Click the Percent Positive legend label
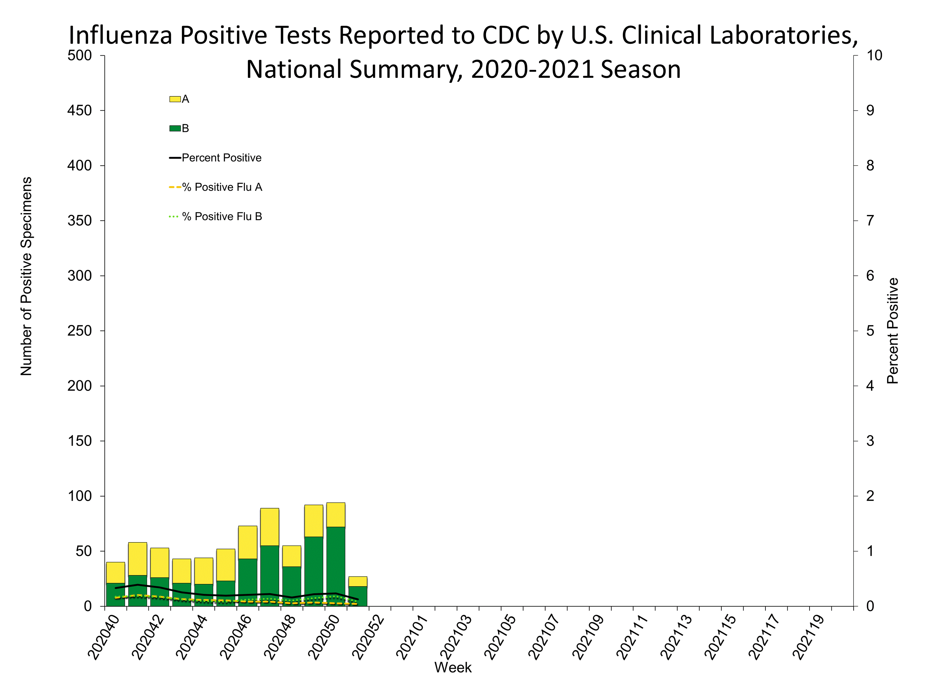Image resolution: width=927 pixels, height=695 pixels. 221,158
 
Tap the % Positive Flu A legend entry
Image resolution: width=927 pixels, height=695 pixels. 222,187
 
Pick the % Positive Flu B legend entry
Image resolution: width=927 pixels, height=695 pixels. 222,217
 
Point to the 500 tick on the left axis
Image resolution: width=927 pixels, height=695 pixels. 80,55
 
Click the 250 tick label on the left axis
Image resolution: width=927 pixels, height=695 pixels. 80,331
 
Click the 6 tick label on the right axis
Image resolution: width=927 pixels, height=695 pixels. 870,276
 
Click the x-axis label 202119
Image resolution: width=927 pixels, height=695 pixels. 809,638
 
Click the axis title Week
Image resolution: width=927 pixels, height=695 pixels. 453,668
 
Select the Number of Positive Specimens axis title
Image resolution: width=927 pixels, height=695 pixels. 26,276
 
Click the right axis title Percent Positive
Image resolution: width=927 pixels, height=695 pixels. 893,331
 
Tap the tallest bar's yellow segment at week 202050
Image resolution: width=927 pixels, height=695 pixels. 336,514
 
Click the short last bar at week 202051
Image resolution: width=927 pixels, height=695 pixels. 358,591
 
